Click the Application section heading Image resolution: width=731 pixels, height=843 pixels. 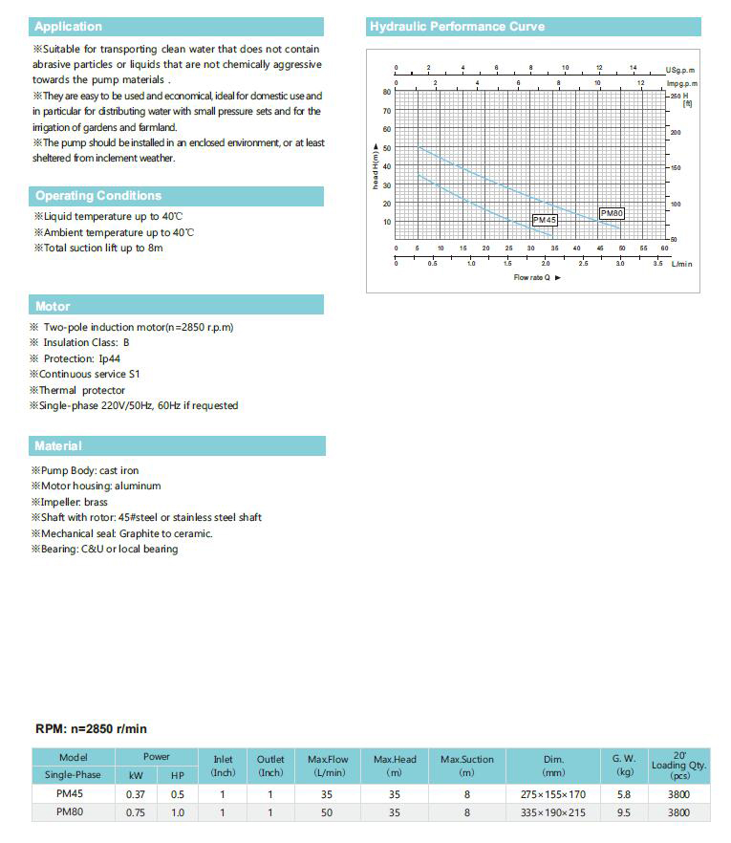coord(68,27)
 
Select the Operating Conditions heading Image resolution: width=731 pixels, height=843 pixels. coord(98,196)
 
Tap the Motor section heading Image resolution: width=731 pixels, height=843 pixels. coord(53,307)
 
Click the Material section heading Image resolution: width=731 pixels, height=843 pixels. coord(58,446)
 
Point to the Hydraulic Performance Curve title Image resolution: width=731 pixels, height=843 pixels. coord(452,27)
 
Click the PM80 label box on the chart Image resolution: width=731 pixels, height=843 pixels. coord(612,213)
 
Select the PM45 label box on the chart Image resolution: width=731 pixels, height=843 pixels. coord(545,220)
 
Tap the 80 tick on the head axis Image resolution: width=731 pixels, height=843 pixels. coord(387,92)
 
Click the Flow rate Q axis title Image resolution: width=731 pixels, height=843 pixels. coord(537,277)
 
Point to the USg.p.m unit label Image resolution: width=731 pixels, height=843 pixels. coord(680,71)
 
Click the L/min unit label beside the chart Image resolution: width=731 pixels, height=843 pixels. coord(681,263)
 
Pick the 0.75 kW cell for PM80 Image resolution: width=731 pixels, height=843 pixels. coord(136,812)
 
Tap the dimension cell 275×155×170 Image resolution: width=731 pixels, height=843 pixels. coord(553,794)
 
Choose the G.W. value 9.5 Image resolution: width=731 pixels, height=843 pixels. coord(625,812)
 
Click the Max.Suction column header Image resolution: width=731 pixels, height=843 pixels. coord(466,766)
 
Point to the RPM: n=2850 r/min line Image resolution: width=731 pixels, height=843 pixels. coord(92,729)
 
